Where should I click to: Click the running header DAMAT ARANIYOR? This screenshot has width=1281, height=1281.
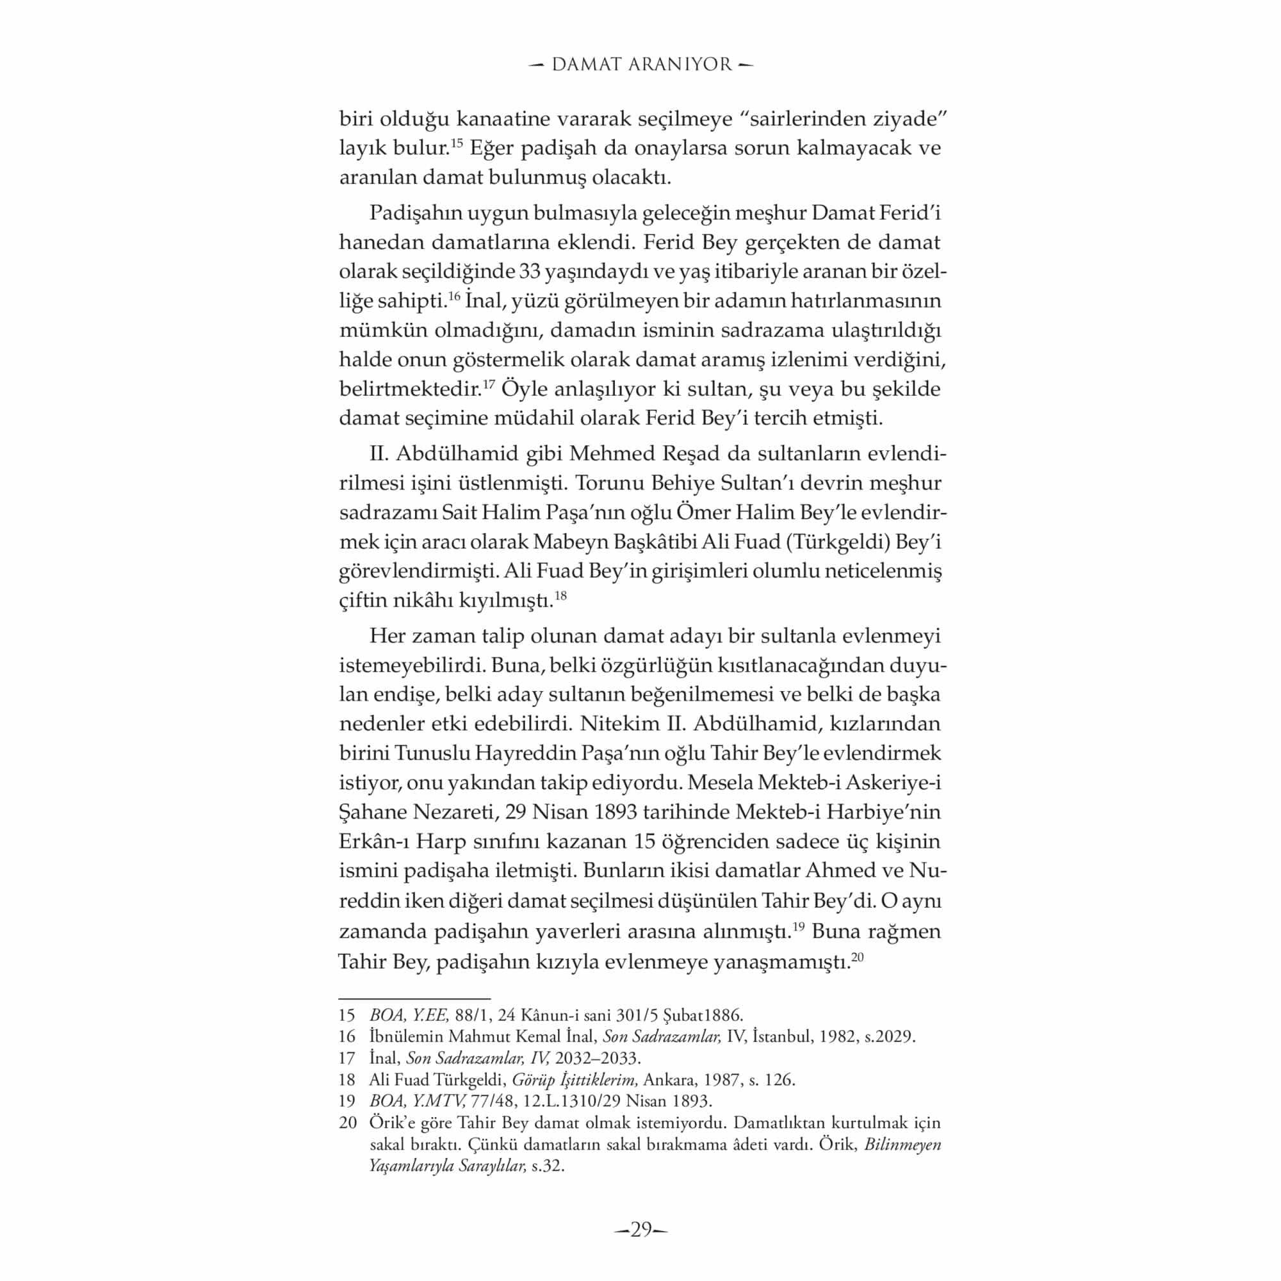[x=641, y=64]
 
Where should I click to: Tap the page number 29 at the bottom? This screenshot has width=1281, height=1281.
[x=640, y=1230]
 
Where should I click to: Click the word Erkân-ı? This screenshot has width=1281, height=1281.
[x=374, y=842]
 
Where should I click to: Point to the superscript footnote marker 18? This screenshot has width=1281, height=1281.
[x=560, y=596]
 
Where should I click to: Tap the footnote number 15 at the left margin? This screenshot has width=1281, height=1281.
[x=347, y=1015]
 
